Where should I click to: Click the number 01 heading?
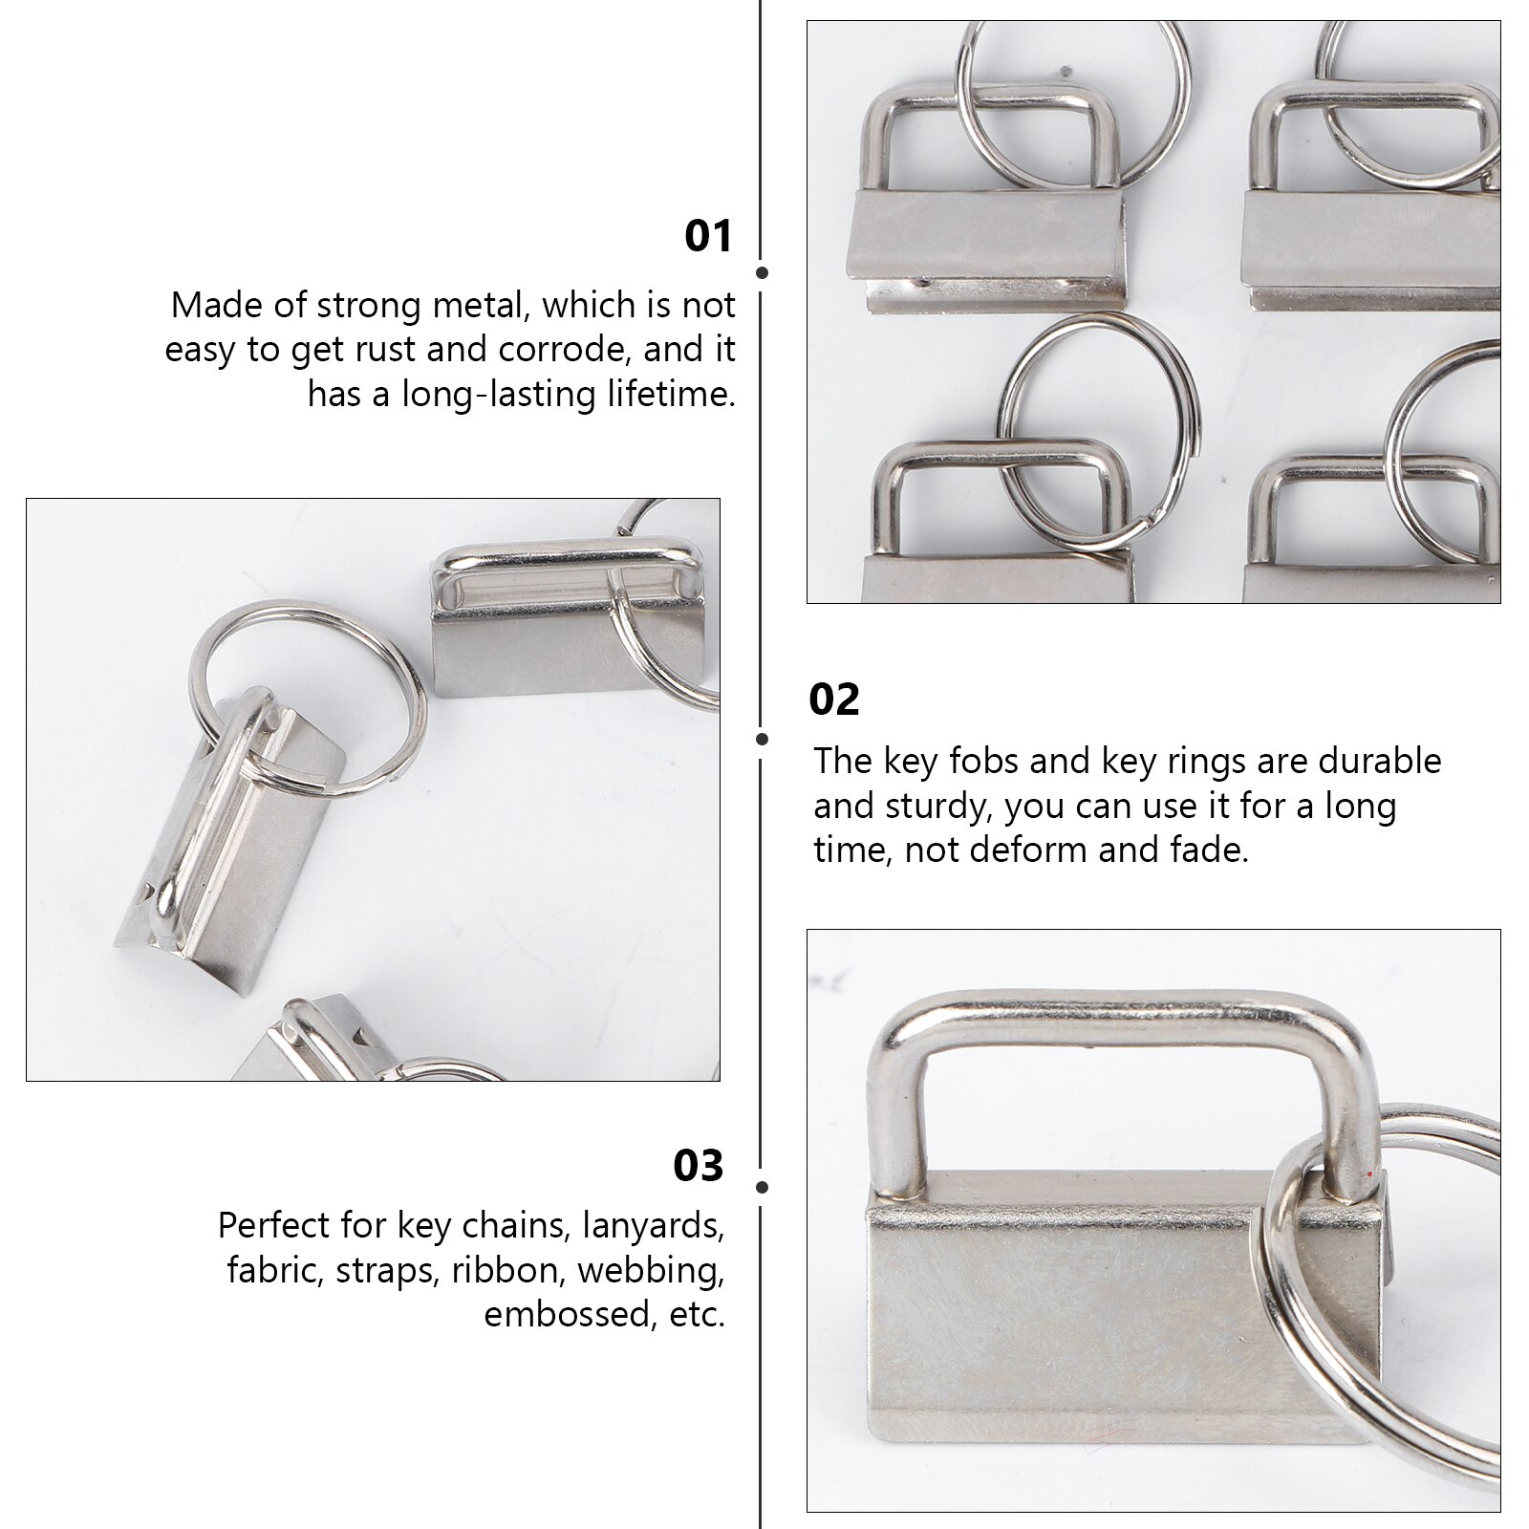point(708,236)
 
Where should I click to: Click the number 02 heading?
point(833,700)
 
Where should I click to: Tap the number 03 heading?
point(699,1166)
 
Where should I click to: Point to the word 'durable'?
point(1379,761)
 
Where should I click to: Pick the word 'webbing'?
point(649,1270)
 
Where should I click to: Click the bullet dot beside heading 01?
point(762,273)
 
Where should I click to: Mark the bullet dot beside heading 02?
point(762,739)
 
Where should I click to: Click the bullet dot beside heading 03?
point(762,1187)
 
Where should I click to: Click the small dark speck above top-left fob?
point(1063,70)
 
